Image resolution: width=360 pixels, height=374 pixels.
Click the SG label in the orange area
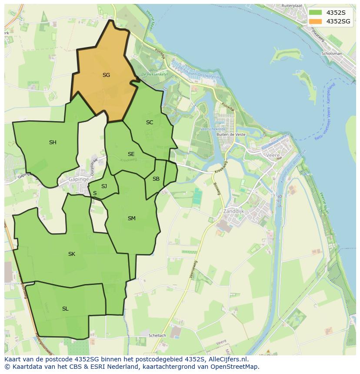[x=106, y=75]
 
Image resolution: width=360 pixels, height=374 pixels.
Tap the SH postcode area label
[x=53, y=142]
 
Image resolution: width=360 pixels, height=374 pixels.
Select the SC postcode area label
[x=150, y=122]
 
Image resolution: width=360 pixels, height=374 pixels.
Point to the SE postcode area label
[x=131, y=154]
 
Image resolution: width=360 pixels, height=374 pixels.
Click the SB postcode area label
[x=156, y=179]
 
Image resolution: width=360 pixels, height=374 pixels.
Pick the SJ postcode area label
[x=104, y=186]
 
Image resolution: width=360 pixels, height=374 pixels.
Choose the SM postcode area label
[x=132, y=218]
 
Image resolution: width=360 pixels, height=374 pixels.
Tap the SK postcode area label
[x=72, y=254]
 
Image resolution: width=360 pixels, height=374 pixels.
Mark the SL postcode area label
[x=65, y=309]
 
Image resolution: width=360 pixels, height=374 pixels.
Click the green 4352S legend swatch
[x=316, y=13]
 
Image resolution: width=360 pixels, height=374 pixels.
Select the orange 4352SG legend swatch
[x=316, y=21]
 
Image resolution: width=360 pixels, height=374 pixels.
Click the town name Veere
[x=273, y=155]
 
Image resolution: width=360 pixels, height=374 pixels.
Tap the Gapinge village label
[x=78, y=179]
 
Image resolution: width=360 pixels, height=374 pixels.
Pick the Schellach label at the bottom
[x=157, y=336]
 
